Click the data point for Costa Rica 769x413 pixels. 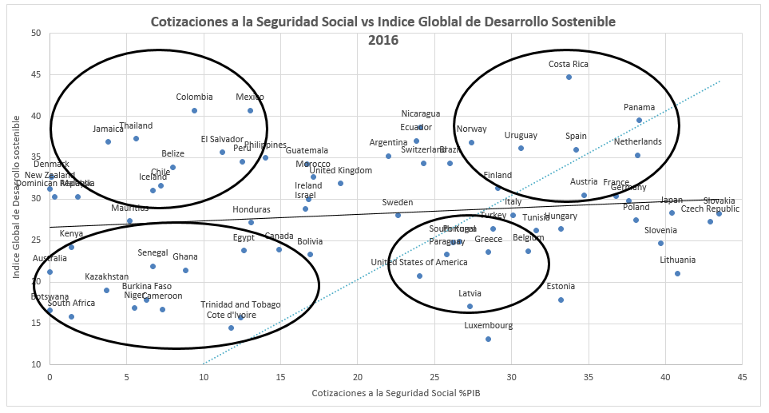pyautogui.click(x=569, y=77)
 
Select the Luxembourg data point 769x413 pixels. pyautogui.click(x=488, y=339)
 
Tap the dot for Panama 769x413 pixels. pyautogui.click(x=639, y=120)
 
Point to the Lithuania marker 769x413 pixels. pyautogui.click(x=677, y=273)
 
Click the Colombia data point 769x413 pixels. pyautogui.click(x=194, y=110)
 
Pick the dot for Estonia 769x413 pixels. pyautogui.click(x=561, y=300)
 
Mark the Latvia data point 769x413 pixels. pyautogui.click(x=470, y=306)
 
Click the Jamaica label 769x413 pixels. pyautogui.click(x=108, y=129)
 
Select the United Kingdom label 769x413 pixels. pyautogui.click(x=340, y=170)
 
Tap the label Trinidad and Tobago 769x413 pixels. pyautogui.click(x=240, y=304)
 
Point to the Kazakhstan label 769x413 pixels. pyautogui.click(x=106, y=277)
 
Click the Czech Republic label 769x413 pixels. pyautogui.click(x=710, y=209)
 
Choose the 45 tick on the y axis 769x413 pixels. pyautogui.click(x=36, y=74)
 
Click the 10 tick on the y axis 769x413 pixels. pyautogui.click(x=36, y=364)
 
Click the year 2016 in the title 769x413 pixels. pyautogui.click(x=383, y=38)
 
